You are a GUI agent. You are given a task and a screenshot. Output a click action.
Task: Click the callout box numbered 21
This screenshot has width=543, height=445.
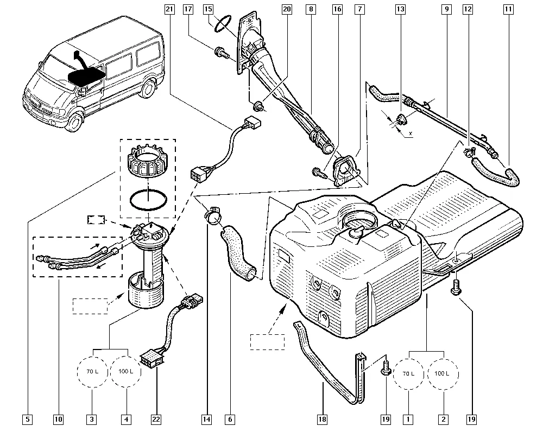pos(169,9)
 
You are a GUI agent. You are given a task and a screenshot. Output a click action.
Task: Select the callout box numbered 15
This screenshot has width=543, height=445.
pos(208,9)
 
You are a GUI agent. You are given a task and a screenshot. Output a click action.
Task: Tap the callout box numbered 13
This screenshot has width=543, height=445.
pos(400,9)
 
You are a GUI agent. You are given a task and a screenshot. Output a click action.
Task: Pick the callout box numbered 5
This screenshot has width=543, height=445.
pos(27,419)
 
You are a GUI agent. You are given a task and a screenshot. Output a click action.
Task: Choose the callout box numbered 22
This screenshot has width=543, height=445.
pos(156,419)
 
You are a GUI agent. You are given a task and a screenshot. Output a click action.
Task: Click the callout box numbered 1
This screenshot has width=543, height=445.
pos(408,419)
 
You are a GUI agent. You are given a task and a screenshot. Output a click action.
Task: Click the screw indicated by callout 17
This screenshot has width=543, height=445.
pos(222,54)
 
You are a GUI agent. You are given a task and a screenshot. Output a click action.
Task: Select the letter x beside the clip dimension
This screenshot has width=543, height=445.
pos(411,133)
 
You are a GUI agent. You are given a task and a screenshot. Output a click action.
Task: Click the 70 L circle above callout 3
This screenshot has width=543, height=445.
pos(92,371)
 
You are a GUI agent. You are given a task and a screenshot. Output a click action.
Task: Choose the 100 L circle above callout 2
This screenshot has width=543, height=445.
pos(443,374)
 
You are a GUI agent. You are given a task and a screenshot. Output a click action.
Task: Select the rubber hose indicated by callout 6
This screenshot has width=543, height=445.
pos(238,252)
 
